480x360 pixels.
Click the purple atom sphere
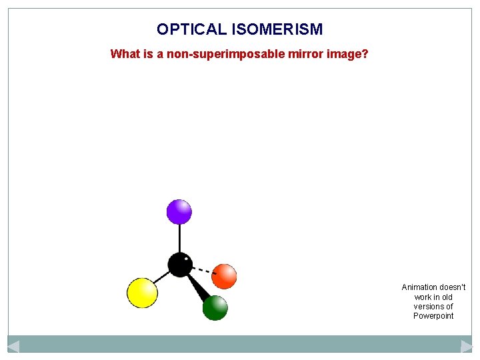click(179, 212)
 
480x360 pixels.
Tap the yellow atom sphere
click(142, 293)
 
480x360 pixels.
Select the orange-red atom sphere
click(225, 275)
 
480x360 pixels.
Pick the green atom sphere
click(215, 307)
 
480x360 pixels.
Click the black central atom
click(180, 265)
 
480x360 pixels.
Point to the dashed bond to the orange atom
click(203, 270)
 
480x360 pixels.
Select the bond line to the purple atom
click(179, 239)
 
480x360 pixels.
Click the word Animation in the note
click(419, 287)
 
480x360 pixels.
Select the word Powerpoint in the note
click(433, 316)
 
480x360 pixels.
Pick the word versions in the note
click(428, 307)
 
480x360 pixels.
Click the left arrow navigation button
click(13, 346)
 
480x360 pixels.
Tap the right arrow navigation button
click(467, 346)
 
